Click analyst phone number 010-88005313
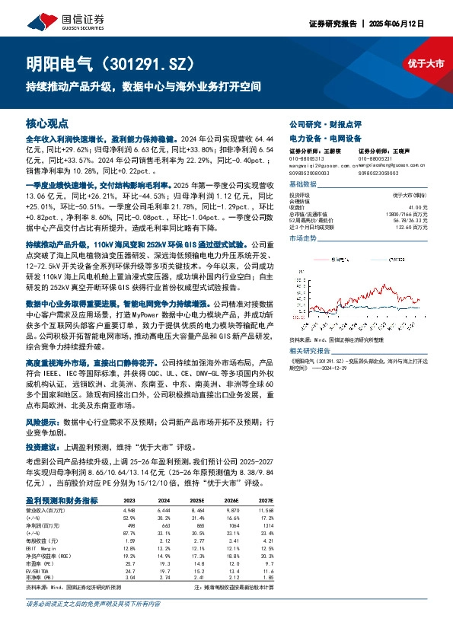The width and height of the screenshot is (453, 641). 306,158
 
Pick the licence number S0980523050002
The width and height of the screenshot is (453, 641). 379,173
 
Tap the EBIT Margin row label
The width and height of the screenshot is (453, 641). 40,547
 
